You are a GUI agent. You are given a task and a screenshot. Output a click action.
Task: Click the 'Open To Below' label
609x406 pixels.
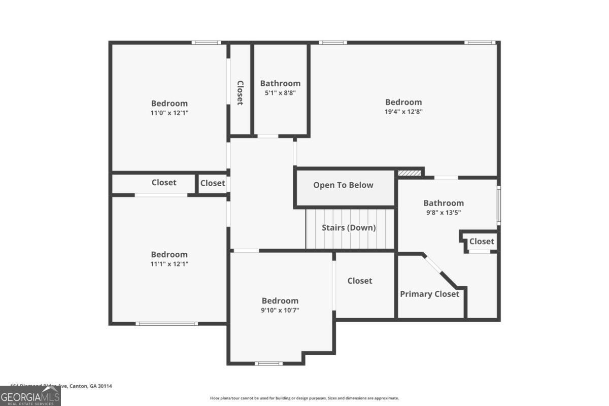[343, 185]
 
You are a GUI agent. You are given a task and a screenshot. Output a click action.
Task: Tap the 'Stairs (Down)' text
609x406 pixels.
[349, 228]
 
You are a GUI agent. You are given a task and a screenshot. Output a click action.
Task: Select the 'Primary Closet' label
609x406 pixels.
[429, 294]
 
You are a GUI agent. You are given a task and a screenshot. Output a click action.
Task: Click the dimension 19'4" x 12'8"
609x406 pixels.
[403, 112]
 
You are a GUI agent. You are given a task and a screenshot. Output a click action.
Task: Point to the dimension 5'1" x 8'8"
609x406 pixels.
[280, 93]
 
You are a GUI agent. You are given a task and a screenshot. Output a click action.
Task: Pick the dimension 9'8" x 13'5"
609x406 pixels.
[444, 213]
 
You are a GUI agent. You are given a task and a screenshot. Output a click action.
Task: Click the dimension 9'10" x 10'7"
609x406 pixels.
[280, 310]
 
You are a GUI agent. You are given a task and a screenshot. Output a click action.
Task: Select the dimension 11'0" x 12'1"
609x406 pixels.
[169, 113]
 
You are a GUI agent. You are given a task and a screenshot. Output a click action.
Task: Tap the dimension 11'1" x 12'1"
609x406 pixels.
[169, 264]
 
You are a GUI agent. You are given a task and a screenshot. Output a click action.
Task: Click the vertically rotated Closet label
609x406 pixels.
[240, 92]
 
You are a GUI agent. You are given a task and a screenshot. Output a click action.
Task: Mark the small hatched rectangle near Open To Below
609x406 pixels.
[409, 173]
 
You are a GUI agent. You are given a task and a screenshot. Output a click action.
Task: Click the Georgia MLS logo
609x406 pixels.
[30, 396]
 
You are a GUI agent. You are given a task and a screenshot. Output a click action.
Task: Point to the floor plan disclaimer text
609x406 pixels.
[304, 398]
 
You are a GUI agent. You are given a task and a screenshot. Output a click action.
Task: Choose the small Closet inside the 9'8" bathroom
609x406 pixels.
[481, 242]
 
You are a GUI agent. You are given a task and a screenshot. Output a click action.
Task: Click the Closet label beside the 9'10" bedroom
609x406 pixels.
[360, 281]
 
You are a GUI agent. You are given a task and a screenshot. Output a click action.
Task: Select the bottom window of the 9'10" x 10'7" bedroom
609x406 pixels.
[268, 363]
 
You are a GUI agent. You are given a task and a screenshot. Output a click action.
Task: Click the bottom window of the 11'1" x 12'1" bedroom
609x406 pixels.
[166, 323]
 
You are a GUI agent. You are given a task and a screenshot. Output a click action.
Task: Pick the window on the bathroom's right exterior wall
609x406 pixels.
[499, 206]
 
